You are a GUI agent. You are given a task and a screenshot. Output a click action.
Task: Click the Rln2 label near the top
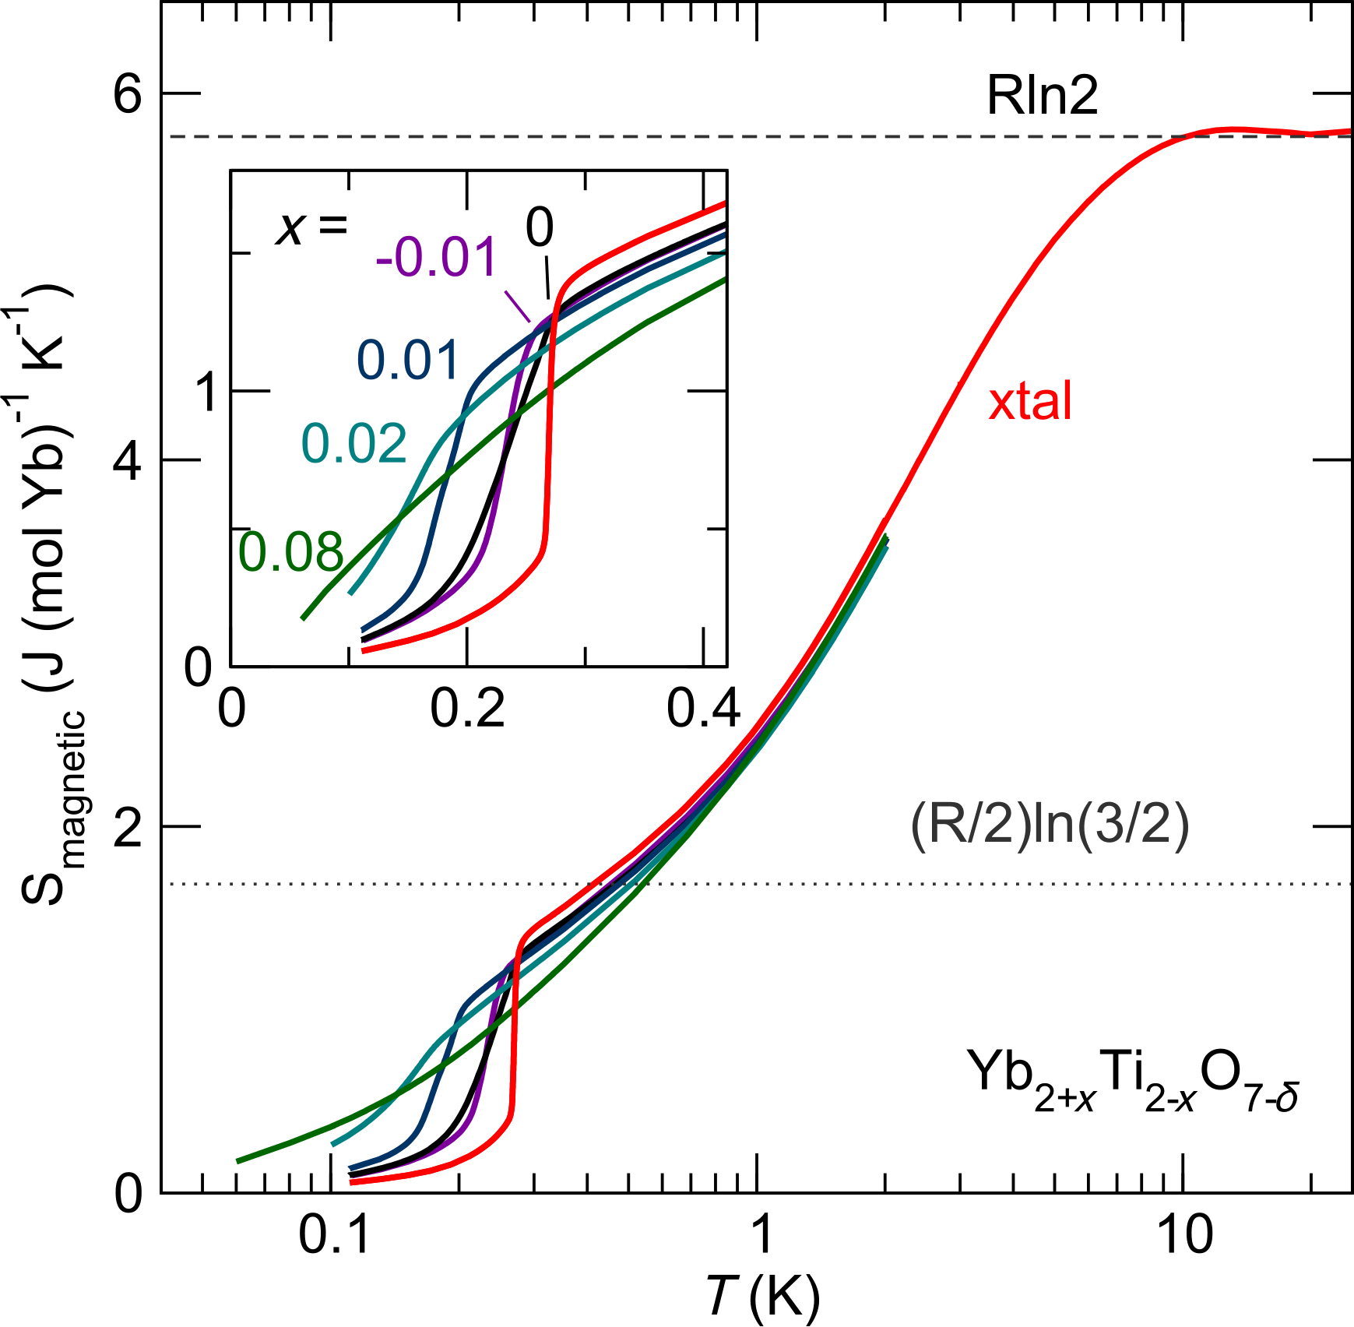[1042, 97]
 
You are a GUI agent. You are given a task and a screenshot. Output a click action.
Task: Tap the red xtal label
[1029, 402]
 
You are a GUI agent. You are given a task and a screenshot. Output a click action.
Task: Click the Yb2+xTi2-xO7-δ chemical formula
[1133, 1079]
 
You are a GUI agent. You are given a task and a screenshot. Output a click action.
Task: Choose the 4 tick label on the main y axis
[128, 461]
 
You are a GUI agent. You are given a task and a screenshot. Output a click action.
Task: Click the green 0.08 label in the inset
[290, 552]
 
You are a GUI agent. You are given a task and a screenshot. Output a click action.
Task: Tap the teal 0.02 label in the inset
[353, 444]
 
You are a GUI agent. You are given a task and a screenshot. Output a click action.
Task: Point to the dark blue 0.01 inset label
[408, 360]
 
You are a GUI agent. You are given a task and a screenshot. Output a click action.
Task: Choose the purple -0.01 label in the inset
[436, 257]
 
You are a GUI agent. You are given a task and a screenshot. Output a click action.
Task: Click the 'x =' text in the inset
[311, 227]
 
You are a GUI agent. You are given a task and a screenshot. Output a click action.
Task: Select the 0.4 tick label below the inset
[702, 709]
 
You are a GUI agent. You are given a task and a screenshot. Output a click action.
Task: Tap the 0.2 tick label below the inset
[467, 709]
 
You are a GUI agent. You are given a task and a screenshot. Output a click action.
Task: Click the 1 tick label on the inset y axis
[206, 391]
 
